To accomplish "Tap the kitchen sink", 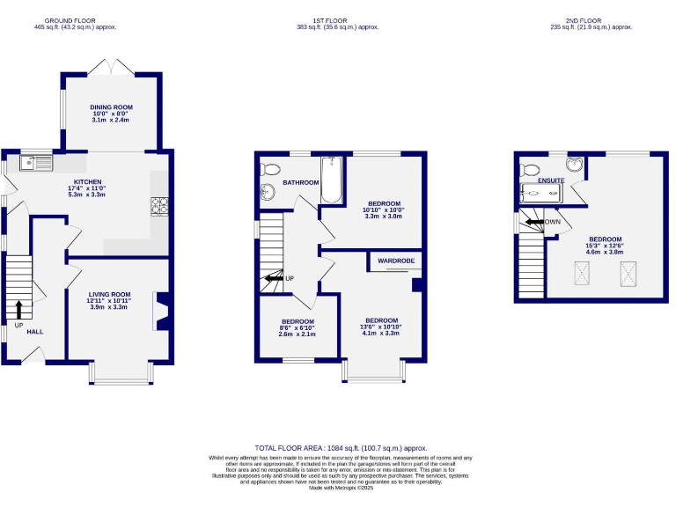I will [x=37, y=161].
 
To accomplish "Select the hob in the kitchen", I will [x=161, y=205].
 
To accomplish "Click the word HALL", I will [x=34, y=332].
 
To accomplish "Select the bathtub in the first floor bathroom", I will [x=331, y=178].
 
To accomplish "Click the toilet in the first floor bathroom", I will [x=270, y=170].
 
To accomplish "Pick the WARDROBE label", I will [x=395, y=261].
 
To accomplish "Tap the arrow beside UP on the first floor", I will [x=272, y=279].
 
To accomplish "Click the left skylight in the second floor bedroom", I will [x=582, y=276].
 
